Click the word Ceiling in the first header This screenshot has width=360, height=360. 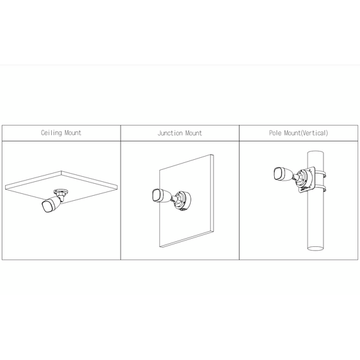(x=51, y=133)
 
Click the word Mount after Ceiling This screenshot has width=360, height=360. (x=73, y=133)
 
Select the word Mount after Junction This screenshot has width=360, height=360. (x=193, y=133)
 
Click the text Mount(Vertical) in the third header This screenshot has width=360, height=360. (x=306, y=133)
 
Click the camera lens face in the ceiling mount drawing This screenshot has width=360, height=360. (x=47, y=207)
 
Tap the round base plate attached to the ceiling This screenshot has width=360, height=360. (x=61, y=191)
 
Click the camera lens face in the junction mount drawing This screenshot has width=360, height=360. (x=157, y=196)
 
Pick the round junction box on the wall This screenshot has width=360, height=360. (x=183, y=201)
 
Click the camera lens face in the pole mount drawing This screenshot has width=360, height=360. (x=279, y=174)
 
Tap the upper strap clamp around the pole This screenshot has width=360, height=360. (x=320, y=174)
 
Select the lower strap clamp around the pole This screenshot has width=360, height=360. (x=320, y=189)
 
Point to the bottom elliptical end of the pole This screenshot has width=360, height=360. (x=315, y=248)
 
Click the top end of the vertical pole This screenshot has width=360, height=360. (x=315, y=153)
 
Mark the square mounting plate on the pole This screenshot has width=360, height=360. (x=306, y=179)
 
